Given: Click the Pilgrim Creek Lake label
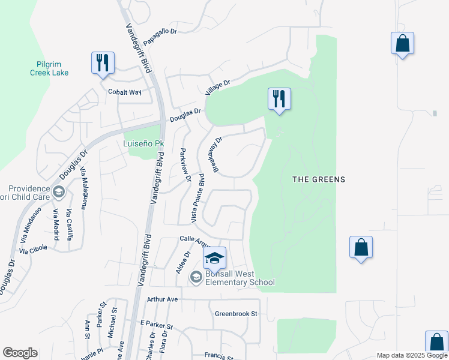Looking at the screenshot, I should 49,68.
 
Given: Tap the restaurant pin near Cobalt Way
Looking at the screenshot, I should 103,63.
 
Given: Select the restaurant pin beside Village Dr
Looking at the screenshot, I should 279,98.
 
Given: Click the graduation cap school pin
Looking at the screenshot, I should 214,258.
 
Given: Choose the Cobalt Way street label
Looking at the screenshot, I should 124,92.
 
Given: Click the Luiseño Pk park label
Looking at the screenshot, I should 143,144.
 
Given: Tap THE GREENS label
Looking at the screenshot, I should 318,179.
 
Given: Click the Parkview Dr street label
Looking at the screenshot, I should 185,165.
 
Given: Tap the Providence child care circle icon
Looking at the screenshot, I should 58,193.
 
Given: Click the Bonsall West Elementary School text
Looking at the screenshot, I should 240,278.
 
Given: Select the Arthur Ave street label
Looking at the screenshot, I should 163,299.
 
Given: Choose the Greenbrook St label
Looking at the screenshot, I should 236,314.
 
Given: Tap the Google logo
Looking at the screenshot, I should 20,353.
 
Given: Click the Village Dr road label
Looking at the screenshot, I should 217,88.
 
